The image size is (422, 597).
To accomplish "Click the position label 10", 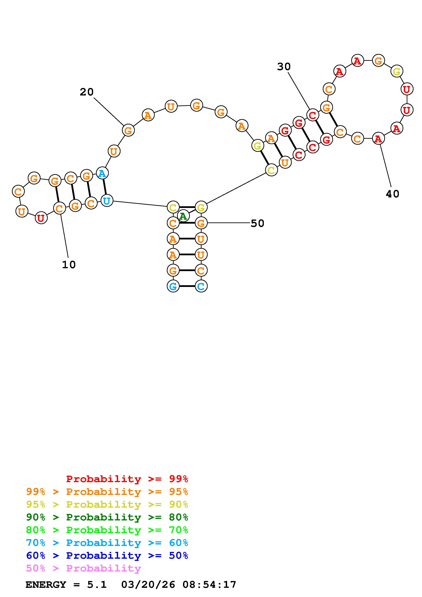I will [69, 265].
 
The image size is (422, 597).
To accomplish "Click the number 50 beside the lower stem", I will [257, 223].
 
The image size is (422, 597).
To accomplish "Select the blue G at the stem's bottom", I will [173, 286].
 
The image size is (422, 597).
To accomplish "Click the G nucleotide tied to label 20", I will [128, 130].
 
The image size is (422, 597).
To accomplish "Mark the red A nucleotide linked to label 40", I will [378, 139].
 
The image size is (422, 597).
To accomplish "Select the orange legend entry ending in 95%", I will [107, 492].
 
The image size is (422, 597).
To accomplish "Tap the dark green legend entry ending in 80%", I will [107, 517].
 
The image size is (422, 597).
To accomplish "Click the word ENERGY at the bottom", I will [46, 585].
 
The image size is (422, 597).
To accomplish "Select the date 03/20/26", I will [148, 585].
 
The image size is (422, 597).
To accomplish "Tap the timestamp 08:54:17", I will [209, 585].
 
